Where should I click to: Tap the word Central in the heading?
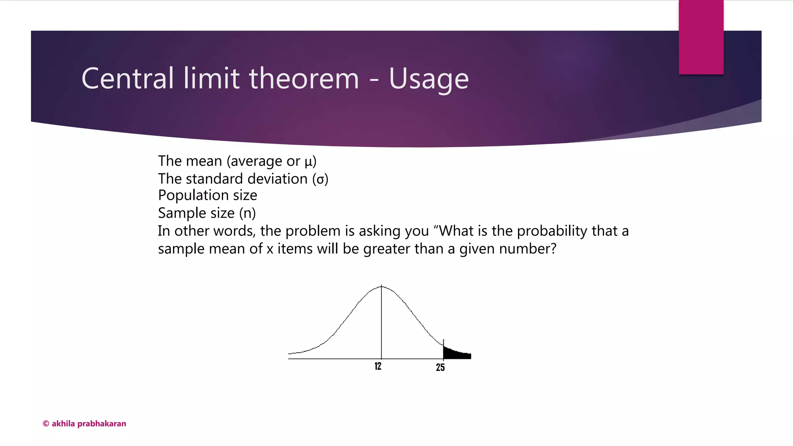click(127, 79)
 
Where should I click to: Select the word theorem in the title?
click(304, 79)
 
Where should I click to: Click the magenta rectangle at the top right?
click(701, 37)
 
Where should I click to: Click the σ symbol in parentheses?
click(320, 180)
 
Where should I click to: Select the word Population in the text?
click(193, 196)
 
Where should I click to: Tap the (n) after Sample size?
click(247, 213)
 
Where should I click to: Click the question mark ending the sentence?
click(553, 249)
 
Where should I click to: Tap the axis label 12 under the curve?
click(378, 366)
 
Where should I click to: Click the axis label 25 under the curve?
click(440, 367)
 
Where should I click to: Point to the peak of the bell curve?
click(381, 287)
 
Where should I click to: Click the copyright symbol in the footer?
click(46, 424)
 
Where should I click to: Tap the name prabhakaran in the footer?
click(102, 424)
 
